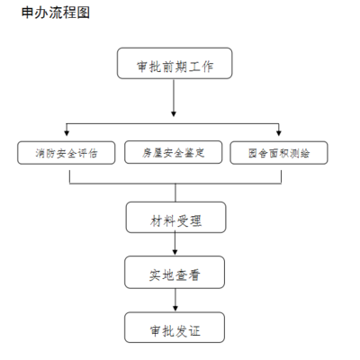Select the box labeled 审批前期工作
pyautogui.click(x=175, y=66)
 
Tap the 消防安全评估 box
pyautogui.click(x=68, y=152)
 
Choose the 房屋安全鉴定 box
pyautogui.click(x=175, y=152)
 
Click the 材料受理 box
pyautogui.click(x=175, y=217)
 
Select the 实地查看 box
pyautogui.click(x=175, y=274)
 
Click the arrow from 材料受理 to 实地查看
pyautogui.click(x=175, y=245)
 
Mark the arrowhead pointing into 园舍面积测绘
pyautogui.click(x=280, y=134)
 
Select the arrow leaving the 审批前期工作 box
pyautogui.click(x=175, y=101)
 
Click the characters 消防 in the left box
pyautogui.click(x=40, y=152)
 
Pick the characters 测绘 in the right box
pyautogui.click(x=301, y=152)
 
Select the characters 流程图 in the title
pyautogui.click(x=73, y=14)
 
